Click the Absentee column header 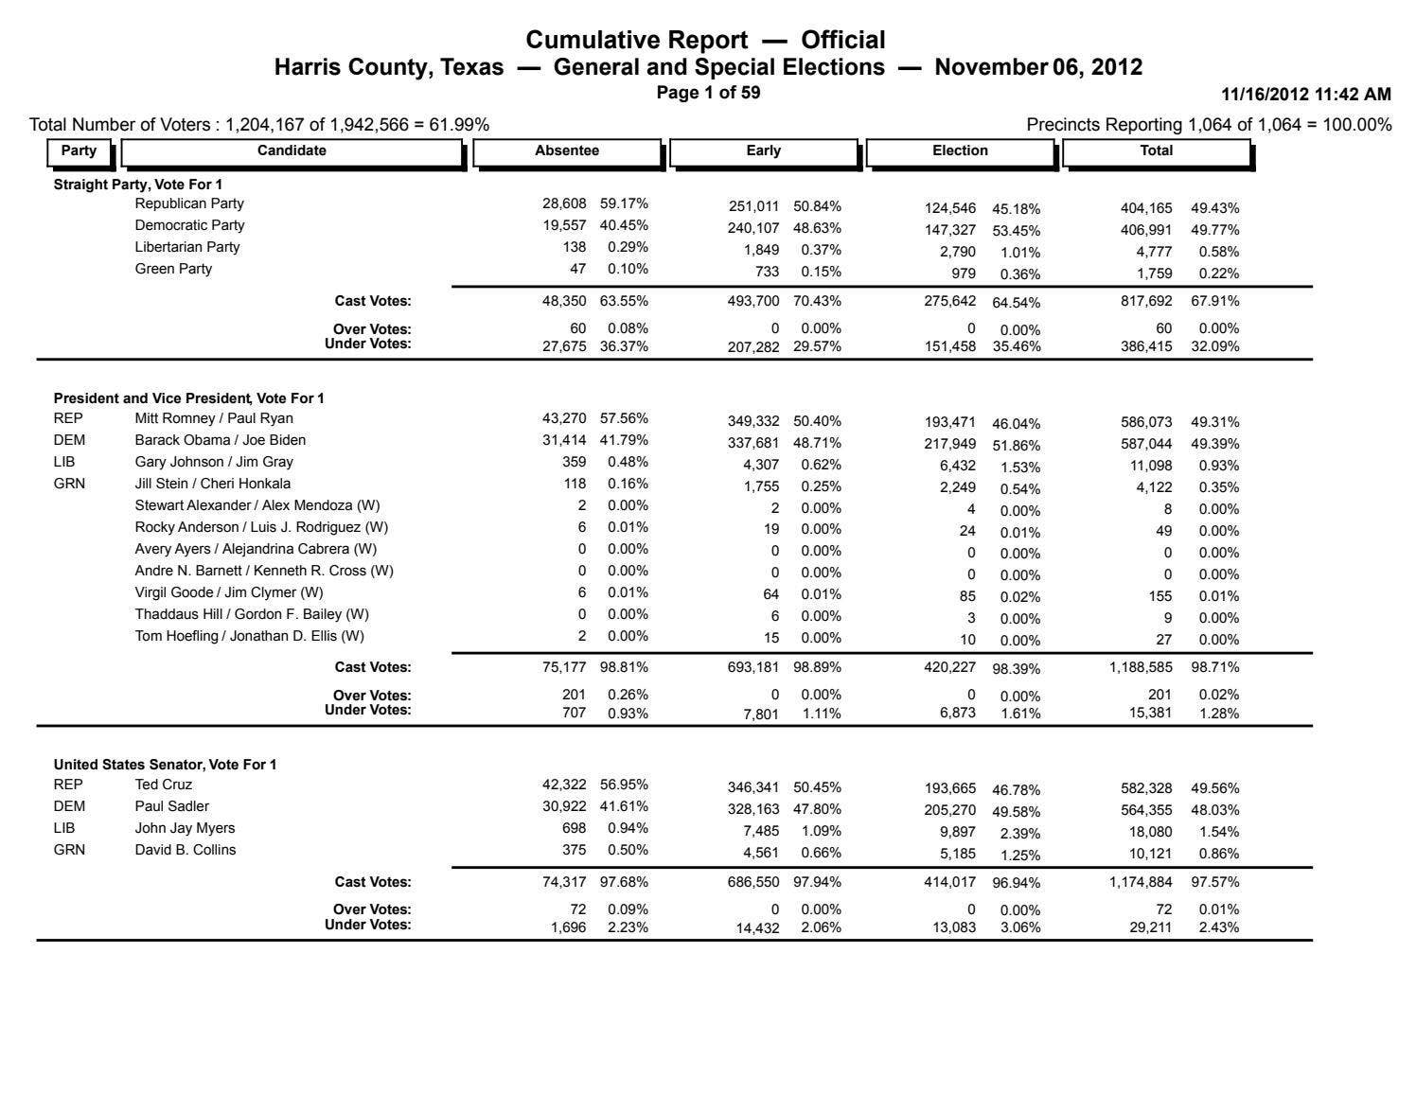(567, 150)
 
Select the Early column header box (764, 150)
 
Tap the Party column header (79, 150)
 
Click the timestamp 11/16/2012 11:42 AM (1306, 95)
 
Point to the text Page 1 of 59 (708, 93)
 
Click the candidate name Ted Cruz (164, 785)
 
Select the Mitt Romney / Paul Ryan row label (214, 418)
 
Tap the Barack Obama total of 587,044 (1146, 444)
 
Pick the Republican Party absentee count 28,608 (564, 203)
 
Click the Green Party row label (173, 269)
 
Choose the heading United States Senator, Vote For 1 (165, 765)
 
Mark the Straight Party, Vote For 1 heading (138, 185)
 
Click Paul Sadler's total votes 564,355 (1146, 810)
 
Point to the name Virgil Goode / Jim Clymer (229, 592)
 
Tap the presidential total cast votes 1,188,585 (1141, 667)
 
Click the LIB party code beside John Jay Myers (64, 828)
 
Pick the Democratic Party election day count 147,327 (950, 231)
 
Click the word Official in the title (843, 41)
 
